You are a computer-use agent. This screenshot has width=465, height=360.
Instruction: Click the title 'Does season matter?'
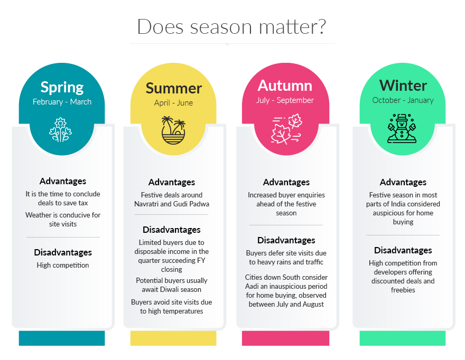231,27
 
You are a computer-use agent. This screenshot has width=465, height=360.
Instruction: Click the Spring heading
62,88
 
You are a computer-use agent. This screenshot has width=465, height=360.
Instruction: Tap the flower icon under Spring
60,130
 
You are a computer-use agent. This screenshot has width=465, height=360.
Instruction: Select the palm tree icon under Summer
173,130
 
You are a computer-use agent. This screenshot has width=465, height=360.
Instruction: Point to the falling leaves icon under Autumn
286,129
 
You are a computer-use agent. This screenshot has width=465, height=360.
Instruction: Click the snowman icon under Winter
402,129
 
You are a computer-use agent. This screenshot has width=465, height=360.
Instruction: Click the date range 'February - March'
62,102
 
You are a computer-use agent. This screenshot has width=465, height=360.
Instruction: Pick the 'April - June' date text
173,103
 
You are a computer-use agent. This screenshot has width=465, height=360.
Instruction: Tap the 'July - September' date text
285,100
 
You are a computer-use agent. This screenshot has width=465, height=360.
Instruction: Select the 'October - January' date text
403,100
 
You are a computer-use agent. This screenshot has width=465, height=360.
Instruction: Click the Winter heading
403,86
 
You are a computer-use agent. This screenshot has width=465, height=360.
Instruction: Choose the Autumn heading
285,86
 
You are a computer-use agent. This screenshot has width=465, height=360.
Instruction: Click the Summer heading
173,88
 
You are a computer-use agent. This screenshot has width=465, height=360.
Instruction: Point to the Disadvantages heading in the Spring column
63,252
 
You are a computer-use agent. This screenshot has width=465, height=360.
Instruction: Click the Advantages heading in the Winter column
403,182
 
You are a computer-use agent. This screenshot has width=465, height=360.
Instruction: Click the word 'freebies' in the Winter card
403,290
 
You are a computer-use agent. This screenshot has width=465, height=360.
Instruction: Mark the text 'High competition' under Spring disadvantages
63,266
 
